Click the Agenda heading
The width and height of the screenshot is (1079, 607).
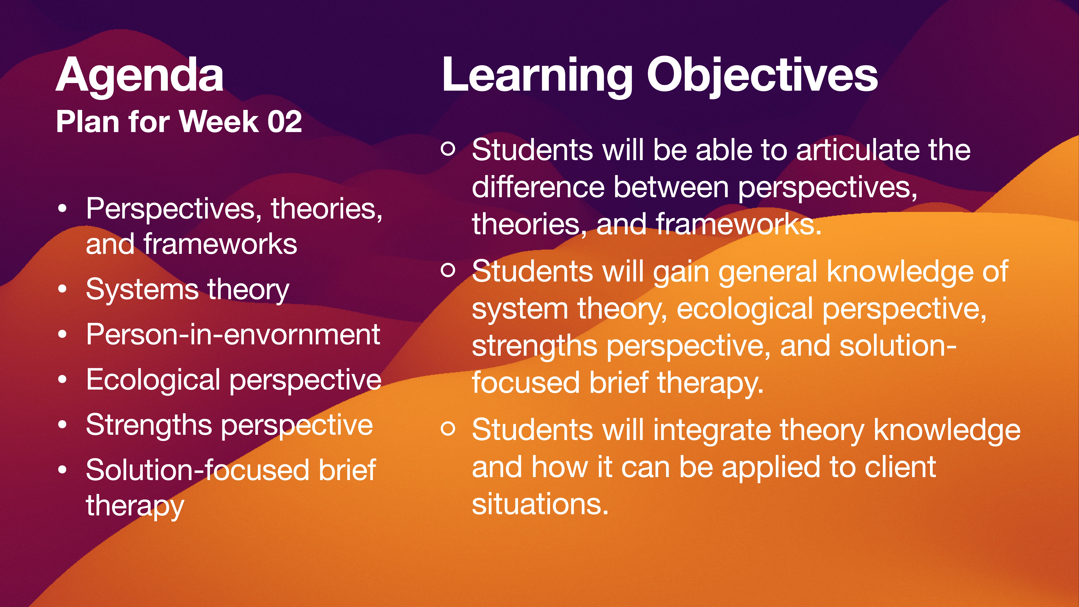click(x=139, y=75)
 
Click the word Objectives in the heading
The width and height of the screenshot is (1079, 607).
click(x=762, y=75)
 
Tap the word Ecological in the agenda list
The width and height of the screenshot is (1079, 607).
click(x=153, y=380)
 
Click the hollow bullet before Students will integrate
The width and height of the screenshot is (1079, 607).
click(x=448, y=428)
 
